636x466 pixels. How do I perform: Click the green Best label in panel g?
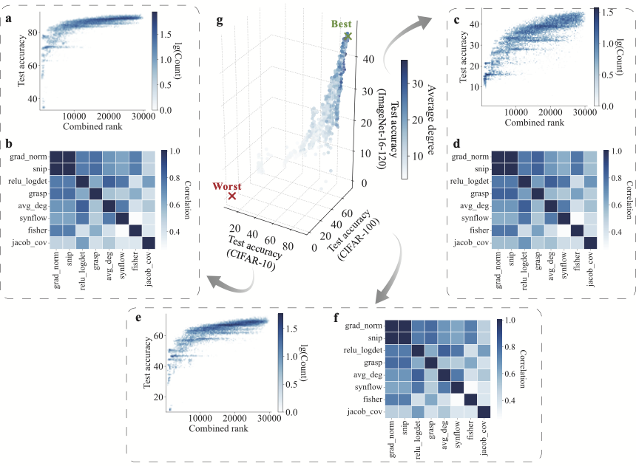[x=341, y=24]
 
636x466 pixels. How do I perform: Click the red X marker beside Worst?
[x=232, y=196]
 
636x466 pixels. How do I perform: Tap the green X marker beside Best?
[x=348, y=35]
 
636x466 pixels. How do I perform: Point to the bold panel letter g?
[x=218, y=20]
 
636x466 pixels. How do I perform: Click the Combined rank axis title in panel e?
[x=217, y=429]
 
